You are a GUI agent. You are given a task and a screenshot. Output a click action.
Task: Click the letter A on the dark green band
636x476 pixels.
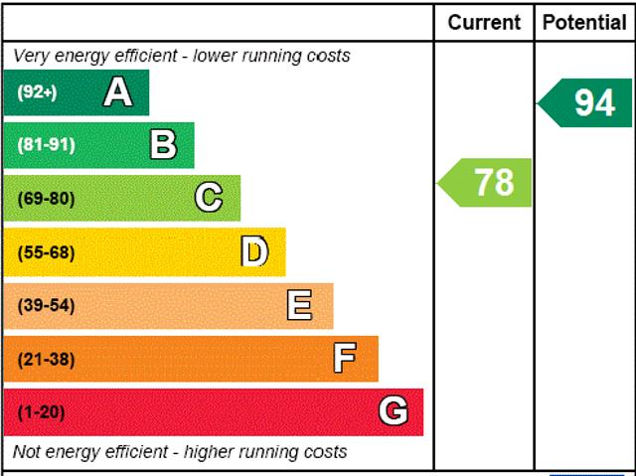click(x=117, y=92)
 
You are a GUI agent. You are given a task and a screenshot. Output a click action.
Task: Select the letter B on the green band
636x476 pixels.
click(x=163, y=145)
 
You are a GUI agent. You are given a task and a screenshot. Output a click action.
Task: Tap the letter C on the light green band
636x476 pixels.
click(x=209, y=198)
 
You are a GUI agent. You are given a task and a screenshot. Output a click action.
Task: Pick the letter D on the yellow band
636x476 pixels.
click(x=254, y=251)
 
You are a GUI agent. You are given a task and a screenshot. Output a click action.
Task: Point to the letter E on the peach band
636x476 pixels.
click(x=299, y=305)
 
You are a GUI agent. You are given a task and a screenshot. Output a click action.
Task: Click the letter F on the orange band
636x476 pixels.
click(x=345, y=359)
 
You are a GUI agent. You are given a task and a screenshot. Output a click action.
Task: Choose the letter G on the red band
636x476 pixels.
click(x=394, y=411)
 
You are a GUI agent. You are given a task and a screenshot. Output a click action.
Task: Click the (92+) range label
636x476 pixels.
click(x=38, y=92)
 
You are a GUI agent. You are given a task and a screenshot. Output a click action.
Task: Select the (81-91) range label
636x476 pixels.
click(x=46, y=145)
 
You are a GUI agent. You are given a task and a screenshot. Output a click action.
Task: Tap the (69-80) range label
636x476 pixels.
click(x=46, y=198)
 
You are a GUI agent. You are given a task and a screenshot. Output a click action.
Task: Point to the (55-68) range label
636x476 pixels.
click(x=46, y=251)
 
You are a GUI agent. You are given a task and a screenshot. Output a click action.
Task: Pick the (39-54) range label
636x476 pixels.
click(x=46, y=305)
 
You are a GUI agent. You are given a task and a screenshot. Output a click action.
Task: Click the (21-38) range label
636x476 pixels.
click(x=46, y=359)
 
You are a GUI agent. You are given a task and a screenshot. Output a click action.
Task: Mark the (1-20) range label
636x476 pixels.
click(x=41, y=411)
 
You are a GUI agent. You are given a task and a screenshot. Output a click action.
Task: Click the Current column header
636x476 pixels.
click(x=484, y=22)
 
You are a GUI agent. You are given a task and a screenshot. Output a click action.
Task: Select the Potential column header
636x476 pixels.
click(x=584, y=22)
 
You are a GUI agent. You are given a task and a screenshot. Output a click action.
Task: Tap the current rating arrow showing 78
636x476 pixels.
click(x=486, y=183)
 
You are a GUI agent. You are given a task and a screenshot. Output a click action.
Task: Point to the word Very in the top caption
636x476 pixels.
click(x=32, y=56)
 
